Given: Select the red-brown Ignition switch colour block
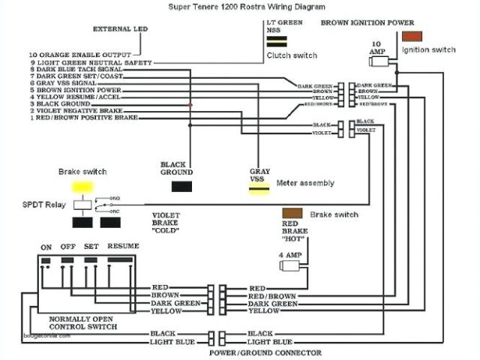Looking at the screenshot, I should click(412, 36).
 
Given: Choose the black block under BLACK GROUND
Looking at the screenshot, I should click(181, 186).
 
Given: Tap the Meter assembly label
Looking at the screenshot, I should click(305, 183).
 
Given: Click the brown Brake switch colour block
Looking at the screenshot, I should click(292, 214).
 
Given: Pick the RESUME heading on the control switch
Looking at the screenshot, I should click(124, 247).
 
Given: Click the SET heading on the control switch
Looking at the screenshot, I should click(91, 247).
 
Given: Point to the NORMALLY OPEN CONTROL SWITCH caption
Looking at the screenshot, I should click(82, 322).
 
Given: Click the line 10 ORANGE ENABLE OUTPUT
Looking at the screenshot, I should click(80, 55).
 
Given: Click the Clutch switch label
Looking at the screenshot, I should click(292, 55).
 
